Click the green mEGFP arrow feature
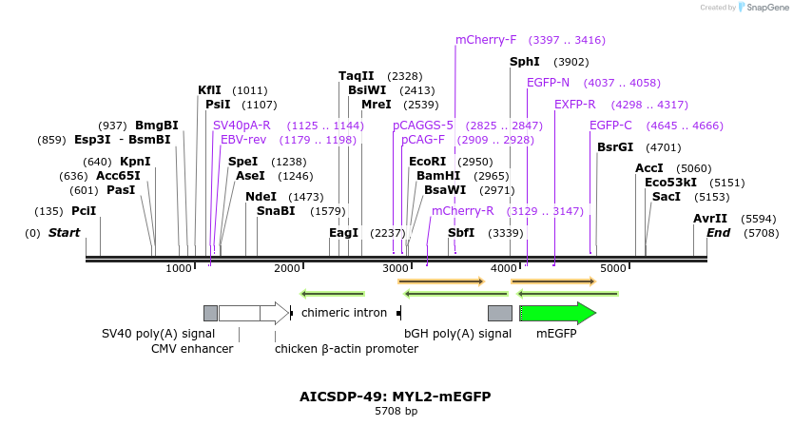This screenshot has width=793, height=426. pos(557,313)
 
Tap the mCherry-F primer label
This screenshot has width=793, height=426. pos(486,40)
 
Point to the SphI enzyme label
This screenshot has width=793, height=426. pos(525,62)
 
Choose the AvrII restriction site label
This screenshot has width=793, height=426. pos(710,218)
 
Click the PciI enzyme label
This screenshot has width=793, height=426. pos(84,211)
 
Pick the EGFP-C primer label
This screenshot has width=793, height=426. pos(610,126)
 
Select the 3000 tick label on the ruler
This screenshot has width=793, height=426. pos(396,269)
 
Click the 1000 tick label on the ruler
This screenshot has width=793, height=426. pos(180,269)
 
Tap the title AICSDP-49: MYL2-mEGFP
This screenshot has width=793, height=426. pos(396,397)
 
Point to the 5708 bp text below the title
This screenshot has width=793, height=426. pos(396,412)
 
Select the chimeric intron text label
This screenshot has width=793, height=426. pos(344,312)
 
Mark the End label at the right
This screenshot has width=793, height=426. pos(719,233)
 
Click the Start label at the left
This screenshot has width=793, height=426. pos(64,233)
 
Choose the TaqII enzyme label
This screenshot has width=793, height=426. pos(357,76)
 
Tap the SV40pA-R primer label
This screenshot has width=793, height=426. pos(242,126)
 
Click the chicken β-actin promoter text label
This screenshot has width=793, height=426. pos(346,349)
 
